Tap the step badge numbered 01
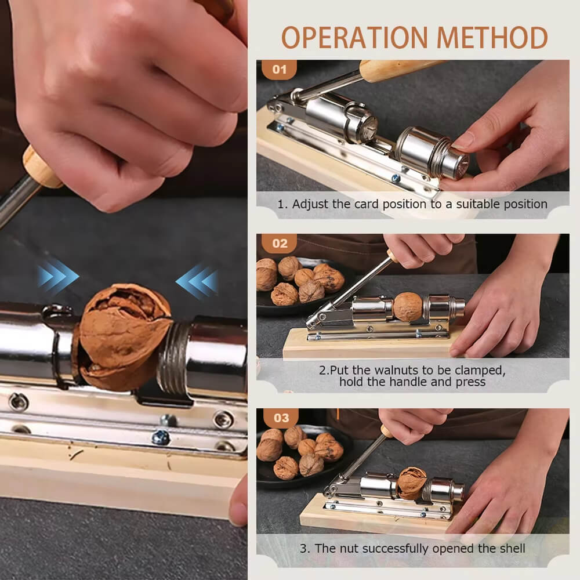280,70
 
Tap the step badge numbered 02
280,244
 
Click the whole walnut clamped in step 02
408,306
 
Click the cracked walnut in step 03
412,483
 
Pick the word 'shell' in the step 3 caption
510,548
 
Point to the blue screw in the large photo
160,436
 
